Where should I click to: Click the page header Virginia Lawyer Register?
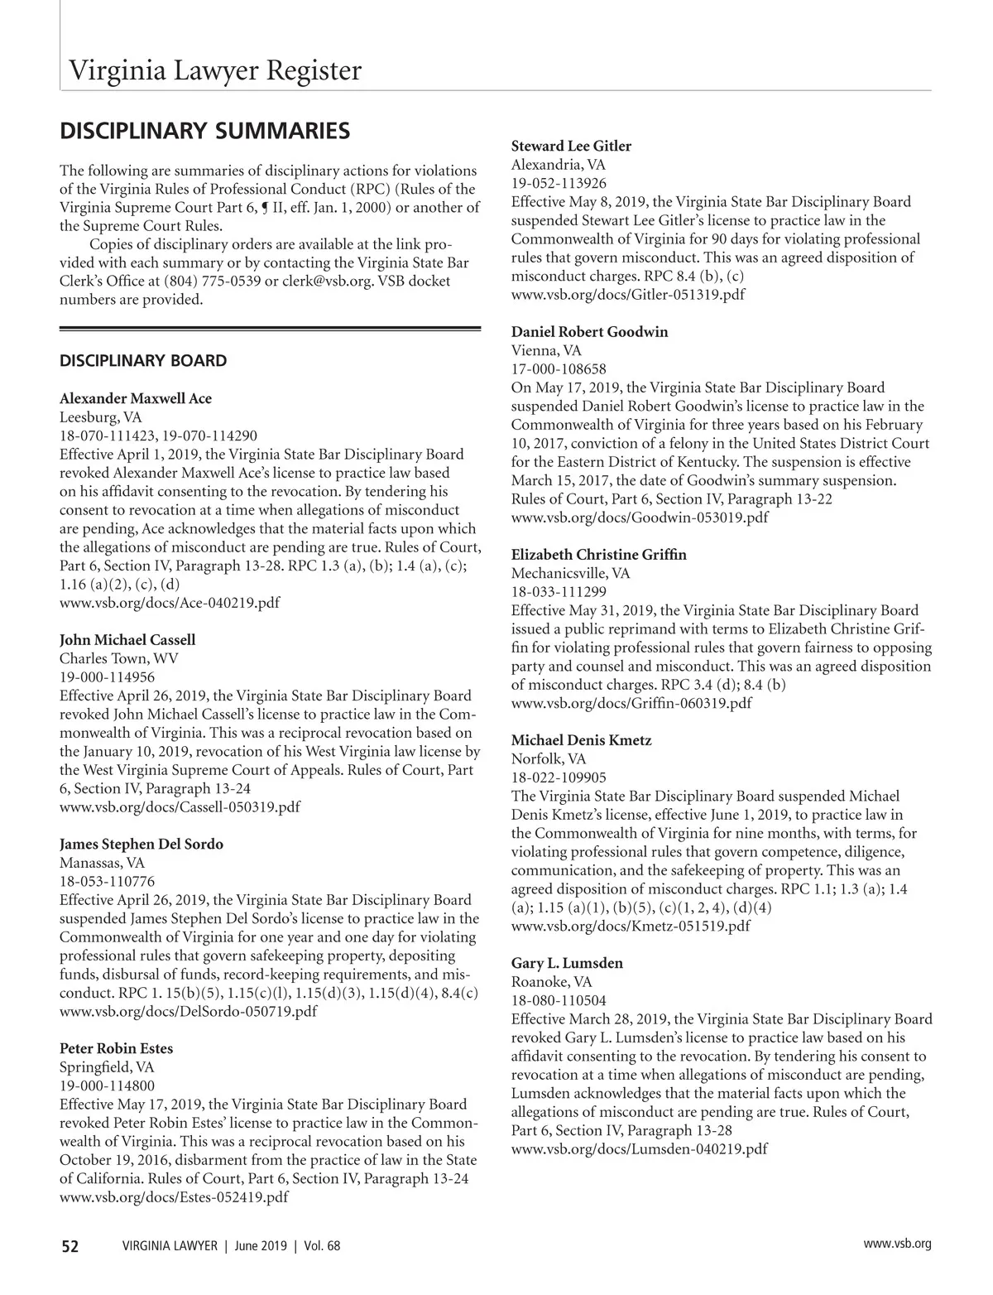(x=214, y=71)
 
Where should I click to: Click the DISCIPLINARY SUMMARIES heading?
(x=204, y=131)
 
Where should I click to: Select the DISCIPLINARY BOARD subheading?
(x=143, y=361)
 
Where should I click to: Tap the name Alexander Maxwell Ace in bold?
(x=136, y=398)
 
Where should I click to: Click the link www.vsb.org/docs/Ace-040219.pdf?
(x=170, y=603)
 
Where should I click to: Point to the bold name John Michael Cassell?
(x=127, y=640)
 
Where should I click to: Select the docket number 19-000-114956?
(x=107, y=677)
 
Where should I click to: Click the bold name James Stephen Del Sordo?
(x=142, y=845)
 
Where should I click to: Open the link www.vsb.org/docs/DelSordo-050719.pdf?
(x=188, y=1011)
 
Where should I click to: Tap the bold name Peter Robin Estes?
(x=116, y=1048)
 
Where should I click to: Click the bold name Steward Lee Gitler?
(x=571, y=147)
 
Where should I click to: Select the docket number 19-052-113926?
(x=559, y=184)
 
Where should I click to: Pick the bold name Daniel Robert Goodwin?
(x=589, y=332)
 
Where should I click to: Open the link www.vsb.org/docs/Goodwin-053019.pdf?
(x=640, y=518)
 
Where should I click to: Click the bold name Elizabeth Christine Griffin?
(x=599, y=555)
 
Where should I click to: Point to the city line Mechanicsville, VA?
(x=570, y=573)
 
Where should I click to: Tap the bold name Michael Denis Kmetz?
(x=581, y=740)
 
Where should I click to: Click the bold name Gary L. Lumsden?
(x=567, y=964)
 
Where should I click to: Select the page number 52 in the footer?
(x=70, y=1246)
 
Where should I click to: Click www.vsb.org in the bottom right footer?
(x=897, y=1244)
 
